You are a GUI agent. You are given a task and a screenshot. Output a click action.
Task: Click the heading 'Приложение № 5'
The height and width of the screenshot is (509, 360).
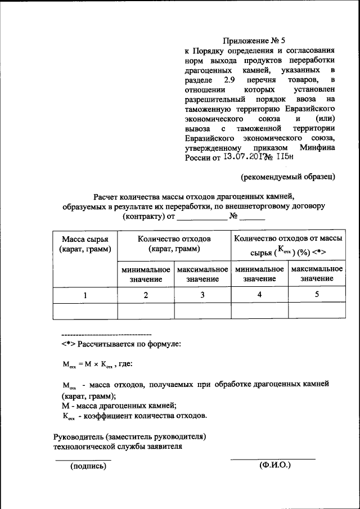tap(254, 40)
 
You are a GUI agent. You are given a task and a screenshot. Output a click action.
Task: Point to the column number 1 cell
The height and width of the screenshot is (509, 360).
tap(84, 295)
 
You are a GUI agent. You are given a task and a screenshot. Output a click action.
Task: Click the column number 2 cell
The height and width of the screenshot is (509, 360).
tap(146, 295)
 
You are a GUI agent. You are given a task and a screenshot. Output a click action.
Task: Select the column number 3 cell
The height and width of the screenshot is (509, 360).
tap(202, 295)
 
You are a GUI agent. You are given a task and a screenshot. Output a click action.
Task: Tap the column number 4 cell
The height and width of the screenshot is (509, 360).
tap(259, 295)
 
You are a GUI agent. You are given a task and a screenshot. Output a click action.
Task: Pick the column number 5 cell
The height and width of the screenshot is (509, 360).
tap(316, 295)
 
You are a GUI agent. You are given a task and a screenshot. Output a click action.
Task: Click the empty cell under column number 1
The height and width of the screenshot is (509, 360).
tap(84, 311)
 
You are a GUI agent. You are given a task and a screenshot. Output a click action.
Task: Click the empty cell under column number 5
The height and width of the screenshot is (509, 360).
tap(316, 311)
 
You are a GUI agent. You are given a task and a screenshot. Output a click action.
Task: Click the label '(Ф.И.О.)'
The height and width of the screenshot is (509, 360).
tap(274, 466)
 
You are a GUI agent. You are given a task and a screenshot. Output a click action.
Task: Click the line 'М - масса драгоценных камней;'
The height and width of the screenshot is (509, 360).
tap(119, 406)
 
